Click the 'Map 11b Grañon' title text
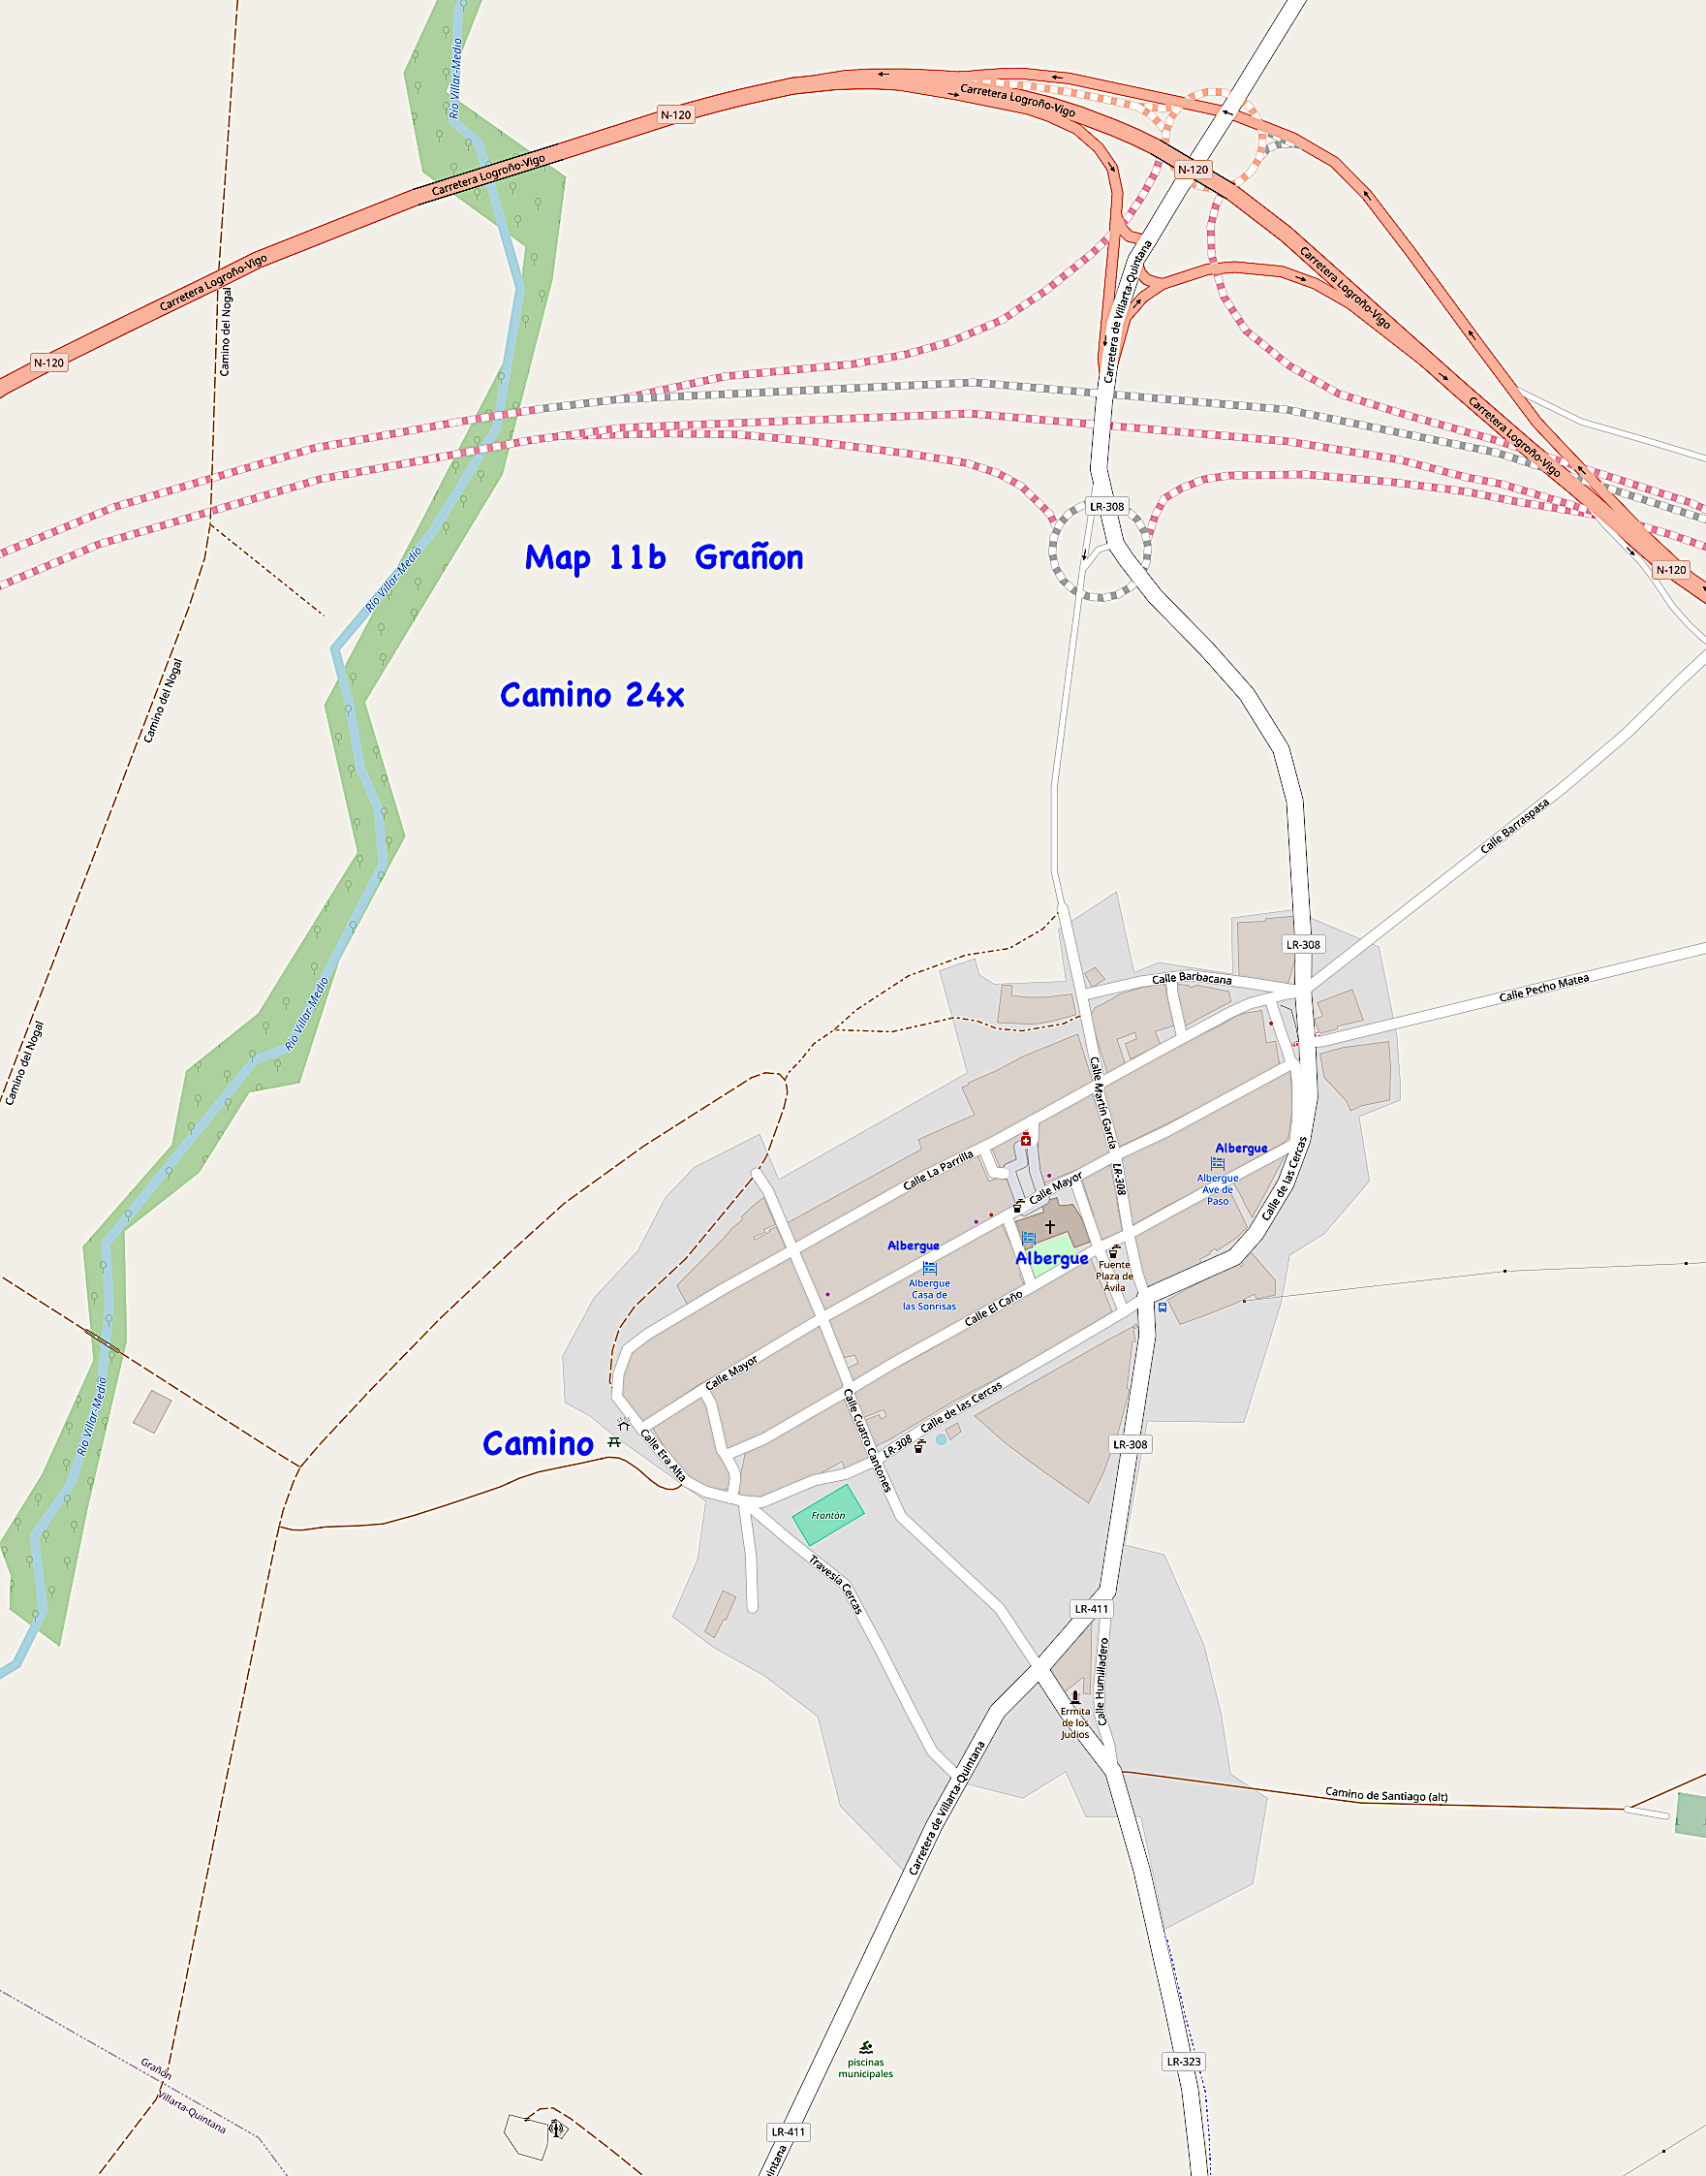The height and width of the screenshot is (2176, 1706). [x=664, y=557]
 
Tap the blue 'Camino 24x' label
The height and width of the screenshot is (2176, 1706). [x=591, y=695]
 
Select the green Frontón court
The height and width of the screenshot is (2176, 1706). [x=828, y=1516]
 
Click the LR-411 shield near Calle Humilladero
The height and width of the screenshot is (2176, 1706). [x=1091, y=1609]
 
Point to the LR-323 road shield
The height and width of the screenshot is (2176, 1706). [x=1184, y=2061]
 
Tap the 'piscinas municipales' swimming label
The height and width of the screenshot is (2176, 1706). [x=865, y=2067]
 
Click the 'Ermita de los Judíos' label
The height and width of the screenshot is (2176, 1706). [x=1074, y=1722]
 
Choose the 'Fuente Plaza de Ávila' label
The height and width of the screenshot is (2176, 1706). [x=1115, y=1276]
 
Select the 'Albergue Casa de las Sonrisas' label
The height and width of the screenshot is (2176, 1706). [x=929, y=1295]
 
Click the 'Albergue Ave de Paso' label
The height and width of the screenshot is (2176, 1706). [x=1218, y=1189]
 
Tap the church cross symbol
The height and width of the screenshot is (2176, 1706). [x=1050, y=1226]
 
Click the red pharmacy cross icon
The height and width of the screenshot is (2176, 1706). [x=1026, y=1140]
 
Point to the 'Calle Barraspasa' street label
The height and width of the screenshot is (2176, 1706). [x=1514, y=826]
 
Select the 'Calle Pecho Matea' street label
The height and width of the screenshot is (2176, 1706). [x=1543, y=988]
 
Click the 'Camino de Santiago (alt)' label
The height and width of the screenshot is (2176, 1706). [x=1385, y=1794]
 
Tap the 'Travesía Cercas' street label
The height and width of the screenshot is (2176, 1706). [x=836, y=1585]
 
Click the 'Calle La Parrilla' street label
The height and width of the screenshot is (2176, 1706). [x=938, y=1170]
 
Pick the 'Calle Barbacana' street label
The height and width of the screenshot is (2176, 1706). [x=1192, y=978]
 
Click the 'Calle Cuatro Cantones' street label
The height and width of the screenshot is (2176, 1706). [x=866, y=1439]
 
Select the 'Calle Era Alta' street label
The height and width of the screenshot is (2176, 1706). [x=663, y=1456]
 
